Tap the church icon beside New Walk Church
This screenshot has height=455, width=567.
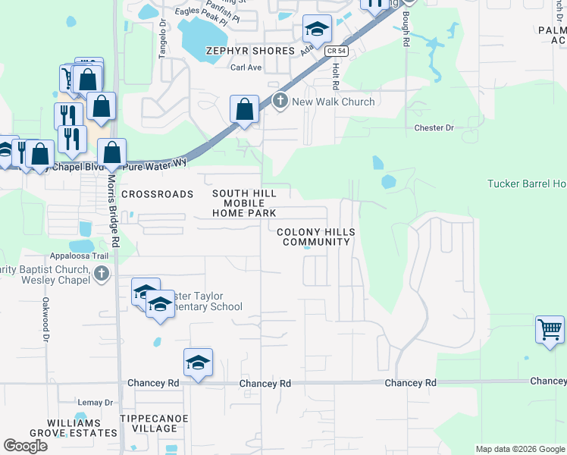[x=280, y=101]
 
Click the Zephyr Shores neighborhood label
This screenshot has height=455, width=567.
[x=250, y=51]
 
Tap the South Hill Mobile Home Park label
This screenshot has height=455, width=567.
[x=244, y=204]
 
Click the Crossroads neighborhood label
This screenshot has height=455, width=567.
[x=158, y=194]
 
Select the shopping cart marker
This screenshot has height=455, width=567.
[x=550, y=330]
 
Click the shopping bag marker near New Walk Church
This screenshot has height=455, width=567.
[x=244, y=110]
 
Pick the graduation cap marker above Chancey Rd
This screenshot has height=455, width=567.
[x=197, y=362]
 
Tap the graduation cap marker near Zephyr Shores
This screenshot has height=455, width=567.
[x=317, y=30]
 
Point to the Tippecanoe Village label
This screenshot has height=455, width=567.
[x=149, y=423]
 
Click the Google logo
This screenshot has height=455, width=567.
[x=26, y=446]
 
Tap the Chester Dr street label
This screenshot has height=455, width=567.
[x=434, y=128]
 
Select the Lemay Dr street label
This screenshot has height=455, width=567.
[x=95, y=402]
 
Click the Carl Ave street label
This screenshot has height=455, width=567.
[x=246, y=67]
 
